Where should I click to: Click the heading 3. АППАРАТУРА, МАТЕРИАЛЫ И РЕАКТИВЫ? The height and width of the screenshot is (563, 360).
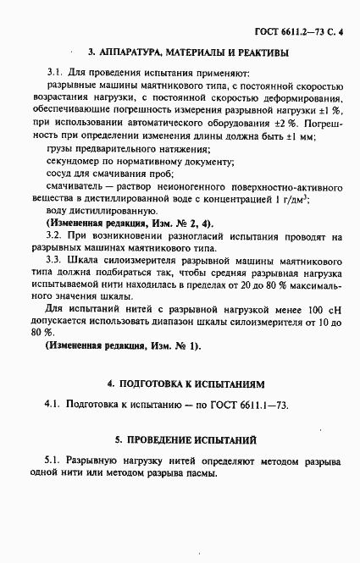187,52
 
